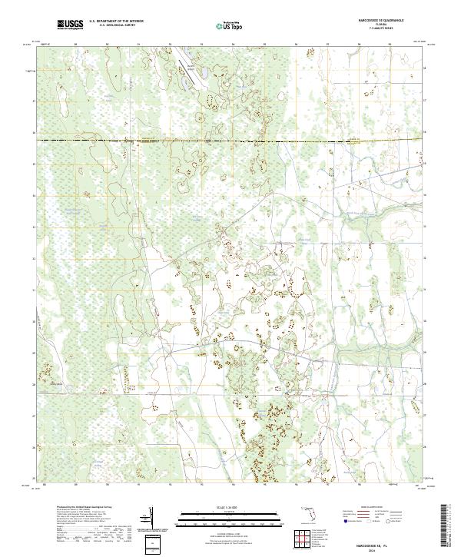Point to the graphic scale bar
229,516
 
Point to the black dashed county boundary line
230,141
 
